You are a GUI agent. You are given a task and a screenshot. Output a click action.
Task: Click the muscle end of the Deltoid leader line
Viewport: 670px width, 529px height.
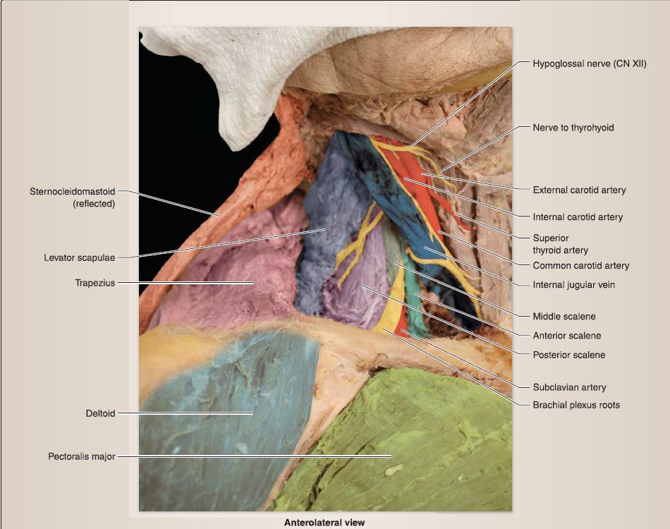click(x=253, y=413)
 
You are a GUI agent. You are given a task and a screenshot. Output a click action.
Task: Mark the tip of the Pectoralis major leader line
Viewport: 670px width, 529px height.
click(x=391, y=456)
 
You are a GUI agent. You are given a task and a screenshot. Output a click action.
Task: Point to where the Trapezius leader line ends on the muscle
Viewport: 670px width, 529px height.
click(x=253, y=282)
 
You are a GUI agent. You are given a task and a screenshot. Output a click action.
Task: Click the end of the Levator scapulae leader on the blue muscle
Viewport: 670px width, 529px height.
click(x=327, y=229)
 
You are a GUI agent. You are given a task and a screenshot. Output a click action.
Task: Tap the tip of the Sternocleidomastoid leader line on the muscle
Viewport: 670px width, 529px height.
click(x=219, y=216)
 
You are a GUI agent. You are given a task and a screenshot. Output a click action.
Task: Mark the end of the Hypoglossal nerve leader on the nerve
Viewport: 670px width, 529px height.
click(x=409, y=148)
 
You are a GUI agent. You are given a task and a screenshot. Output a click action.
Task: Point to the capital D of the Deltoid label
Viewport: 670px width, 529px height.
click(x=89, y=413)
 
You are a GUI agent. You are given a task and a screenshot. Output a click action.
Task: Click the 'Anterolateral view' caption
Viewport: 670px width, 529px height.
click(x=324, y=523)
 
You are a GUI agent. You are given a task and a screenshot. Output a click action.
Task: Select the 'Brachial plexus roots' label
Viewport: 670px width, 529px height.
click(x=576, y=405)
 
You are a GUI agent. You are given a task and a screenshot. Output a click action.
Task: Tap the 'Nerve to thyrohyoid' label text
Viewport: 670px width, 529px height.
click(x=573, y=128)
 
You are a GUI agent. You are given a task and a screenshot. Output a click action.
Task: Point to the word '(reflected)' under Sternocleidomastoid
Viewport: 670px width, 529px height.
click(x=94, y=204)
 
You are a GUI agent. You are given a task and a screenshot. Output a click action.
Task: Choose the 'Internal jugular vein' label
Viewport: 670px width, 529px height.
click(x=574, y=284)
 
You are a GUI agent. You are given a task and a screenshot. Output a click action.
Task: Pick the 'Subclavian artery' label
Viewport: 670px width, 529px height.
click(x=569, y=387)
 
